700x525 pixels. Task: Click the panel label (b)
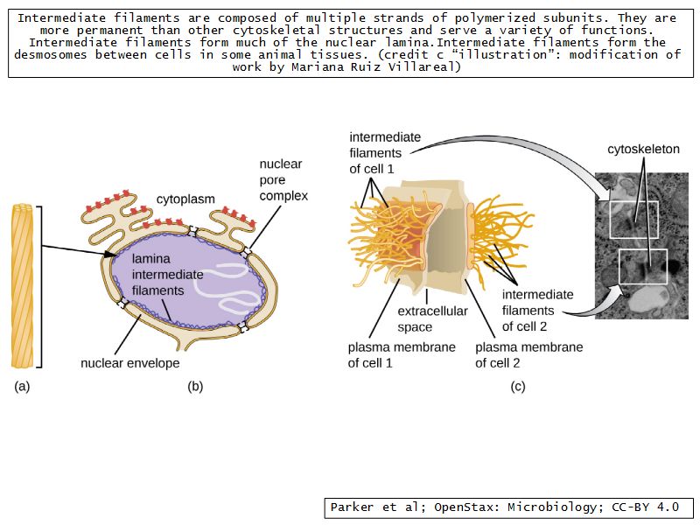[195, 386]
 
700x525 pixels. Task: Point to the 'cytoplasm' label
[185, 199]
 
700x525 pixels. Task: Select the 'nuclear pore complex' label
[283, 180]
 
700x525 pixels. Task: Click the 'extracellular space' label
[432, 318]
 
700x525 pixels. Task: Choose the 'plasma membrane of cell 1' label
[402, 354]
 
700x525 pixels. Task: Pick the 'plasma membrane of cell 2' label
[528, 354]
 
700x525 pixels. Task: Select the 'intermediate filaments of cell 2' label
[537, 310]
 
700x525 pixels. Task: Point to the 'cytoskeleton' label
[643, 150]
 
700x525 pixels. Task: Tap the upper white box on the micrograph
[634, 218]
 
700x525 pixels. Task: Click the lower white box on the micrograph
[643, 266]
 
